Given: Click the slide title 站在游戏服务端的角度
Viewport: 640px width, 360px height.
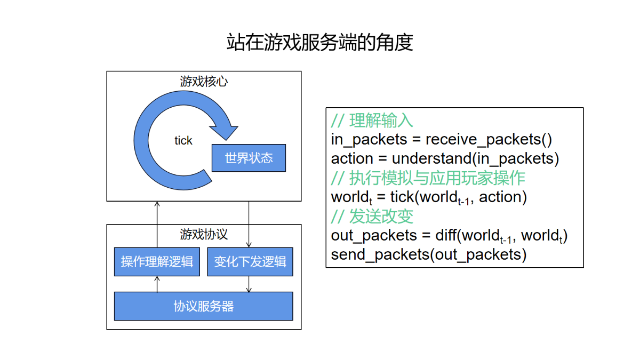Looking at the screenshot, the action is (x=319, y=42).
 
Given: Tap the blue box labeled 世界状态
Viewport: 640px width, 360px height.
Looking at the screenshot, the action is (x=249, y=158).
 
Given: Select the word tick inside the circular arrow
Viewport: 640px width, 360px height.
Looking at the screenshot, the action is (x=183, y=141).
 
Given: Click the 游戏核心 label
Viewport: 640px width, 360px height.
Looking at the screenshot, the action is (x=204, y=82).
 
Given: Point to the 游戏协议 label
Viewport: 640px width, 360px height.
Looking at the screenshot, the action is (x=204, y=234).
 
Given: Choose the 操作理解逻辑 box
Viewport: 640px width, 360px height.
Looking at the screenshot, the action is (x=157, y=262).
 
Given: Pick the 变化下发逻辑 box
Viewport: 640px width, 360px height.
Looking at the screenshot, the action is (x=250, y=262).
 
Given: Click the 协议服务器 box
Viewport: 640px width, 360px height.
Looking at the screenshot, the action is (x=203, y=306).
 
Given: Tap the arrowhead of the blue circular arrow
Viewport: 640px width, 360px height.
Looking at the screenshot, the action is (x=225, y=132).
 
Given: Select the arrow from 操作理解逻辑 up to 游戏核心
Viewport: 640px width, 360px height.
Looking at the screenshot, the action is (x=157, y=225).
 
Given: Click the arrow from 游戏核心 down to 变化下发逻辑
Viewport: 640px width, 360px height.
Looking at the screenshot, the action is (x=249, y=225).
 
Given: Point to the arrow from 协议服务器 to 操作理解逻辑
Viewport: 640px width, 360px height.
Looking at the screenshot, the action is (x=157, y=284).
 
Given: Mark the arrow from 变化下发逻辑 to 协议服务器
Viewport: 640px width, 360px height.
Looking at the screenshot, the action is (x=249, y=284).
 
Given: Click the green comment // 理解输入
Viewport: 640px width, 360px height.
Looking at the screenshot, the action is (x=372, y=121).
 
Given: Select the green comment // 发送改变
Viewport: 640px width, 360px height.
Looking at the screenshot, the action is (x=372, y=217).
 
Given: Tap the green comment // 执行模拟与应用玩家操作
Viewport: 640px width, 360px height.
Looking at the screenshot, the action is (x=428, y=178).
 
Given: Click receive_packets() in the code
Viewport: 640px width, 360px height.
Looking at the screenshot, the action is (x=489, y=140).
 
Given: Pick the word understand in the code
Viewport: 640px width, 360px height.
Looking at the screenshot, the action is (x=431, y=158).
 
